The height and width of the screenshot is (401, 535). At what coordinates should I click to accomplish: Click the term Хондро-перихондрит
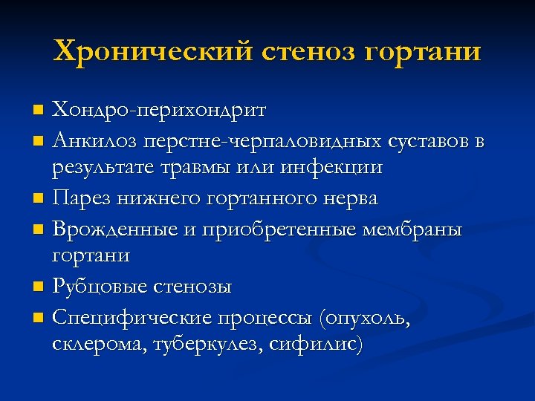pyautogui.click(x=159, y=111)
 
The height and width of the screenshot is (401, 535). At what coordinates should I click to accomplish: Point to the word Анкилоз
pyautogui.click(x=93, y=140)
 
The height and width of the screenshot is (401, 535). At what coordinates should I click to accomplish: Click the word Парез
pyautogui.click(x=82, y=198)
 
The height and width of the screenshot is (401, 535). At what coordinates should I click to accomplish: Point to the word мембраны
pyautogui.click(x=411, y=228)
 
